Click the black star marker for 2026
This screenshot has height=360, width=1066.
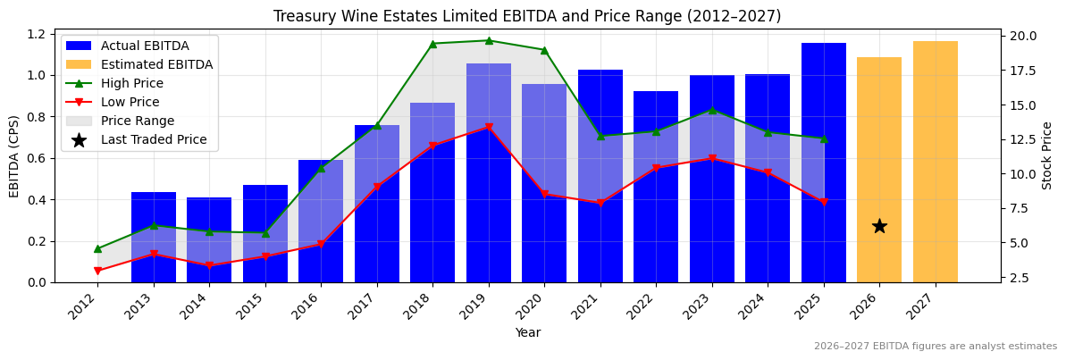coord(879,226)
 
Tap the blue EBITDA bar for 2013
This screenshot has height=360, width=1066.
coord(154,237)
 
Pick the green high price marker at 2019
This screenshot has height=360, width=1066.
coord(489,40)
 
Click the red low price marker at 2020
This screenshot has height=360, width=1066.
coord(544,194)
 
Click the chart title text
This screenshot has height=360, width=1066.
coord(527,16)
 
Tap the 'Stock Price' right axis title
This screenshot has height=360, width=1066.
coord(1047,155)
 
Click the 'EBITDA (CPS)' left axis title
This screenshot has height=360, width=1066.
coord(14,155)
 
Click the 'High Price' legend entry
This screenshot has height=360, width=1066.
coord(131,83)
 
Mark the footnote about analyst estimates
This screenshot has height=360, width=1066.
coord(935,347)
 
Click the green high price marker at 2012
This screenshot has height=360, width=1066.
coord(97,248)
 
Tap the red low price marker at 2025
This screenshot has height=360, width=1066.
coord(824,202)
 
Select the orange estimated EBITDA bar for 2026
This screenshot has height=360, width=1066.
coord(879,170)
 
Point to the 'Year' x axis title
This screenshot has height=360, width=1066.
coord(527,332)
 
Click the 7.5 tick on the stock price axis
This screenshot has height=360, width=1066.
coord(1020,208)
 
